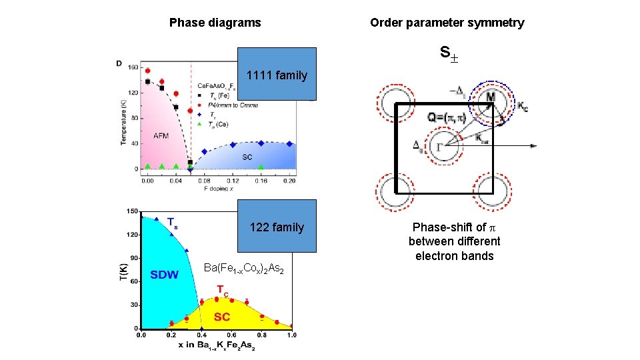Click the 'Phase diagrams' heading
click(215, 23)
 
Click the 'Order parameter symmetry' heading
click(447, 23)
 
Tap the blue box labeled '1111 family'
click(277, 74)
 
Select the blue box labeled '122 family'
click(277, 227)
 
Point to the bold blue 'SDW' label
click(164, 275)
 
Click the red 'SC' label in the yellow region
click(222, 317)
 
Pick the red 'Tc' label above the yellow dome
click(223, 290)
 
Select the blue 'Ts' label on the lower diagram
click(172, 222)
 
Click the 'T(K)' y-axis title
click(123, 273)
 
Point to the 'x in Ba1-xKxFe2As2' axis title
click(217, 346)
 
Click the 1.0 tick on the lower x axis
click(291, 335)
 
